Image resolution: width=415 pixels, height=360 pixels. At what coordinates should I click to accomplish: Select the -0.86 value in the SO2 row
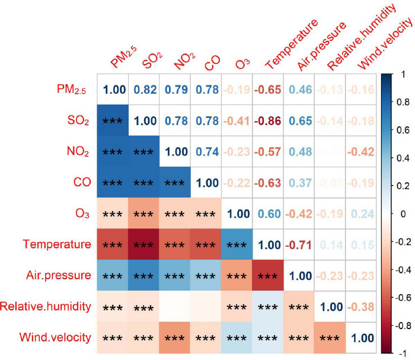(269, 120)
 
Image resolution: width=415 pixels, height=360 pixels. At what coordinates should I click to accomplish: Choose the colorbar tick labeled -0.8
(404, 326)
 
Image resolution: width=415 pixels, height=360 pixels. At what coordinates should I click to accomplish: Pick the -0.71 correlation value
(299, 244)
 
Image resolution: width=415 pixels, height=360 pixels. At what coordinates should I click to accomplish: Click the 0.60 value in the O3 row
(269, 213)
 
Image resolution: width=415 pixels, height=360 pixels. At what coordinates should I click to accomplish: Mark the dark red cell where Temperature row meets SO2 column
(145, 244)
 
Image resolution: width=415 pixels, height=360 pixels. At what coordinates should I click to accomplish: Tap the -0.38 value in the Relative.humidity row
(361, 307)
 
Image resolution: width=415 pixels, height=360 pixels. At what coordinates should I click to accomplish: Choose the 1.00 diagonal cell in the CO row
(207, 182)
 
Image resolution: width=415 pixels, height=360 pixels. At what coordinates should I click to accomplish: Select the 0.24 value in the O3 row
(361, 213)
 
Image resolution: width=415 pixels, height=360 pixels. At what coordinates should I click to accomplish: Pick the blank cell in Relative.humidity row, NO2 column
(176, 307)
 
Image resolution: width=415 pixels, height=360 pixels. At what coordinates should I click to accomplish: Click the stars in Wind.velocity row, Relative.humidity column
(330, 339)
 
